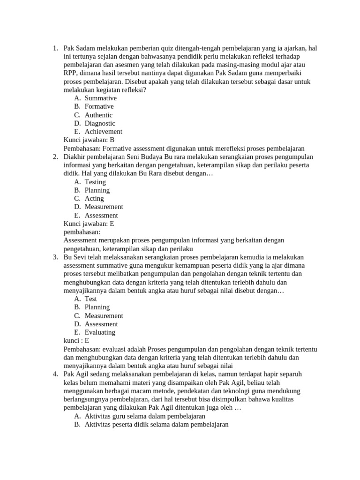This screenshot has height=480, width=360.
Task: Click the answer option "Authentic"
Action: coord(98,115)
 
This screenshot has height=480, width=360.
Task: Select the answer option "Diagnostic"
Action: coord(100,123)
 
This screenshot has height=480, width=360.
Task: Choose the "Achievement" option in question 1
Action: coord(103,132)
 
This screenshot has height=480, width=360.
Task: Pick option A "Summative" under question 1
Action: coord(100,98)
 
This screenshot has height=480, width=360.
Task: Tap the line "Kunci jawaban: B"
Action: coord(89,140)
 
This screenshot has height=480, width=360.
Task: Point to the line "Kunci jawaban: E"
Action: coord(89,224)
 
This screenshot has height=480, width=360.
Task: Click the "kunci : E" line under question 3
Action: coord(76,341)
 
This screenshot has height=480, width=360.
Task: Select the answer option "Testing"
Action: coord(95,182)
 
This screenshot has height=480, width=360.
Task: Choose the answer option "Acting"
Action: coord(94,198)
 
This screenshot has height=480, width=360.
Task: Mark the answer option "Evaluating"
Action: coord(100,332)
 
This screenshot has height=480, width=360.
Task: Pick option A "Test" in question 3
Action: coord(91,299)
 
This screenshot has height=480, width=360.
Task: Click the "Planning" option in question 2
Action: coord(97,190)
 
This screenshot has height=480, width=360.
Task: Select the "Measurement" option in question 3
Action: coord(104,315)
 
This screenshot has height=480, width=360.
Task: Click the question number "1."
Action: coord(55,48)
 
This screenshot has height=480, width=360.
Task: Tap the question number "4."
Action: coord(55,374)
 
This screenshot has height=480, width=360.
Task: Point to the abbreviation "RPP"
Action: coord(71,73)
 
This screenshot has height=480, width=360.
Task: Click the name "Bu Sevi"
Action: coord(75,257)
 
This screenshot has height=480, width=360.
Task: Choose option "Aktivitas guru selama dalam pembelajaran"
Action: coord(145,416)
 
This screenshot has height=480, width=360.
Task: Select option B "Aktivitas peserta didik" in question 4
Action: coord(156,425)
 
